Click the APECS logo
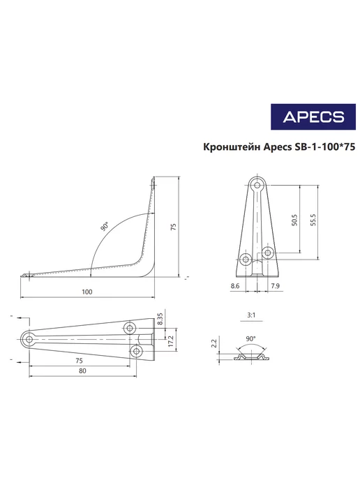[x=313, y=117]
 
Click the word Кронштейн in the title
[x=232, y=147]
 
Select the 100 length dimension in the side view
[x=87, y=292]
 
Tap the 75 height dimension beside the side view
[x=174, y=227]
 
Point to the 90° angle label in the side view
[x=105, y=226]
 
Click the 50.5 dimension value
[x=294, y=220]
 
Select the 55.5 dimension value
[x=313, y=220]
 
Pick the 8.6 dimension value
[x=235, y=286]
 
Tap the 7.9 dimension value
[x=275, y=286]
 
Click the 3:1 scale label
[x=251, y=315]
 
